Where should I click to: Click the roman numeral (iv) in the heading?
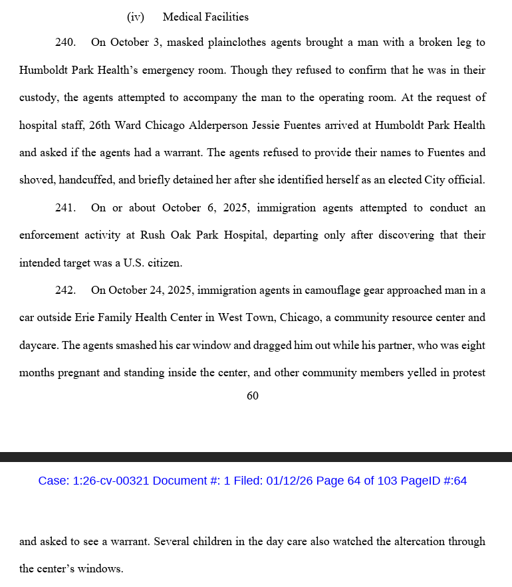pos(136,17)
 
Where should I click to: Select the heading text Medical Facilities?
pos(205,17)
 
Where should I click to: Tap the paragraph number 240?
pos(65,43)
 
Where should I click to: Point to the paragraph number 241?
pos(65,208)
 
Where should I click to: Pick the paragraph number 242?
pos(65,291)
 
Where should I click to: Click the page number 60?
pos(253,396)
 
